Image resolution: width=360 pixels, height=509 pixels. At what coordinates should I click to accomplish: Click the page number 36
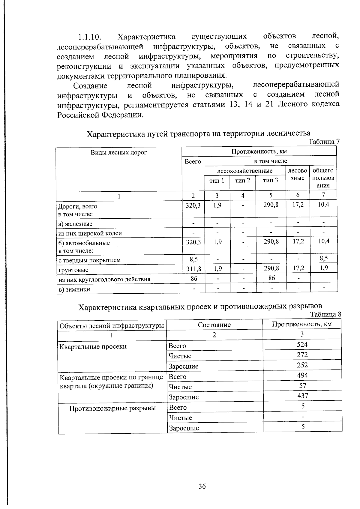[x=202, y=486]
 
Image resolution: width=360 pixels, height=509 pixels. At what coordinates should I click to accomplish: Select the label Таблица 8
[x=325, y=314]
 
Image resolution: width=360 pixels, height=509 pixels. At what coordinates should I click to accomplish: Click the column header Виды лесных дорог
[x=119, y=152]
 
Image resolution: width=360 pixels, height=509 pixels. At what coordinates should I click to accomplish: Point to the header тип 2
[x=242, y=181]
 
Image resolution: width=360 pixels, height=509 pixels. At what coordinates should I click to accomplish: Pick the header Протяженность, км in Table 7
[x=259, y=151]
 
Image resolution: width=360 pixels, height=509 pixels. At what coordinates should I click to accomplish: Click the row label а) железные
[x=75, y=224]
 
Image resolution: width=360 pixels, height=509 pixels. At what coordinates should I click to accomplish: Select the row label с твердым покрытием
[x=89, y=260]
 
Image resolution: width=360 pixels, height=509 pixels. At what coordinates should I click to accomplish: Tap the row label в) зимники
[x=74, y=289]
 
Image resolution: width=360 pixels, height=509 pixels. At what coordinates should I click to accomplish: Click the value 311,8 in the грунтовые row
[x=193, y=268]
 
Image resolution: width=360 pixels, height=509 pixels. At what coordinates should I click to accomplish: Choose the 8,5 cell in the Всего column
[x=193, y=259]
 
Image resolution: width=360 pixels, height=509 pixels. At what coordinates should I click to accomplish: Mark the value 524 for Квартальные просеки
[x=302, y=344]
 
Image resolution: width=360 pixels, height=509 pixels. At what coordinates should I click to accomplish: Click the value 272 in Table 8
[x=302, y=355]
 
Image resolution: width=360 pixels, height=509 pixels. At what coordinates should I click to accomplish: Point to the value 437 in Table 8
[x=302, y=396]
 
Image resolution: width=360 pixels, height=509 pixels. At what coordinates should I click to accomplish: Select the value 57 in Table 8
[x=302, y=385]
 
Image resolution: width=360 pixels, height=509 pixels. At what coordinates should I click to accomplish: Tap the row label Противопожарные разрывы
[x=112, y=408]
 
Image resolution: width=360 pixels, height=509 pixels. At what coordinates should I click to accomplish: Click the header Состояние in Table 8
[x=214, y=325]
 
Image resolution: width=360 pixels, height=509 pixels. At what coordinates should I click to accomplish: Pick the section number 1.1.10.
[x=89, y=37]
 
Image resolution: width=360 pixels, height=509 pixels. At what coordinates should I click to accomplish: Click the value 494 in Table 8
[x=302, y=375]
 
